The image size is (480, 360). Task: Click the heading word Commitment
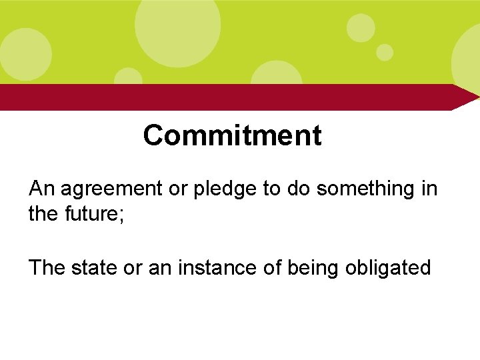[x=232, y=135]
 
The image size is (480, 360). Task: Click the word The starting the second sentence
[x=46, y=268]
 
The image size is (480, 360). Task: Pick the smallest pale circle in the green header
[x=385, y=51]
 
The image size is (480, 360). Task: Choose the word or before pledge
[x=177, y=190]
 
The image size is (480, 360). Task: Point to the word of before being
[x=275, y=268]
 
